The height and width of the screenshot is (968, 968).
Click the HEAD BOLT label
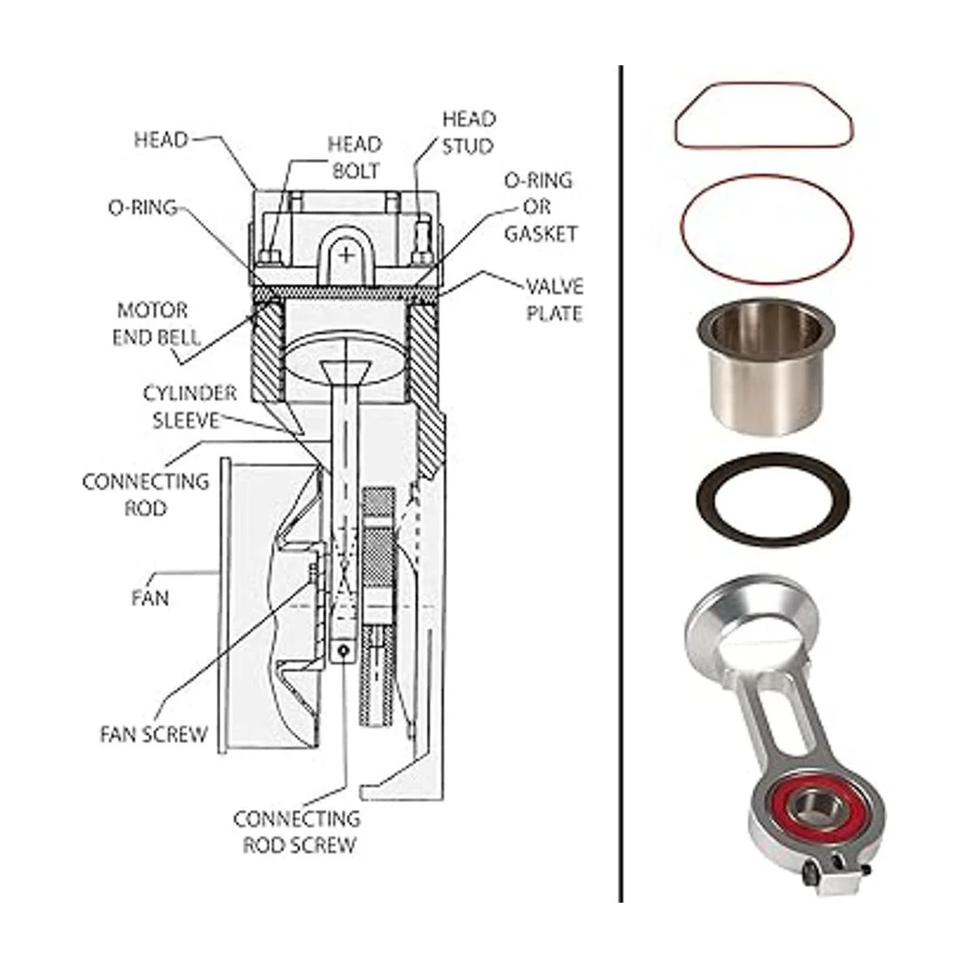click(x=353, y=158)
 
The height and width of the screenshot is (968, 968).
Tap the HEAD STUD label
click(x=468, y=132)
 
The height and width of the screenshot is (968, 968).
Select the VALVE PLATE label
click(x=555, y=299)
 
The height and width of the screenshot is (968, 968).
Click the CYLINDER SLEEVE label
click(x=190, y=407)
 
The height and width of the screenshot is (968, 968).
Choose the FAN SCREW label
click(x=153, y=735)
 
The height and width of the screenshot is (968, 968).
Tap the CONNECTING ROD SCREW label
click(x=296, y=832)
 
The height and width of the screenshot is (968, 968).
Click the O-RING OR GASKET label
click(x=538, y=207)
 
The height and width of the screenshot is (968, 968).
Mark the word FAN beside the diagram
click(x=150, y=599)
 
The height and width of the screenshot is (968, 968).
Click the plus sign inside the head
click(x=346, y=255)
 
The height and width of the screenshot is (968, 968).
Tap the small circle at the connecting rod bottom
click(x=344, y=650)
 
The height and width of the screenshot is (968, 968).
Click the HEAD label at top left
click(x=161, y=140)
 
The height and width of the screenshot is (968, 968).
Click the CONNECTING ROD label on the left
click(x=146, y=494)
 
